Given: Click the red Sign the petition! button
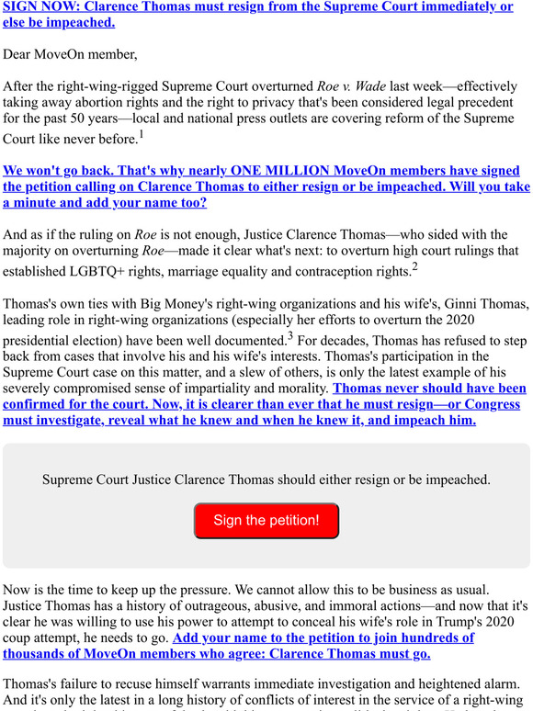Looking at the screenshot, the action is (x=266, y=520).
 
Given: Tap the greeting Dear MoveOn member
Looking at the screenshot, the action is (x=70, y=54).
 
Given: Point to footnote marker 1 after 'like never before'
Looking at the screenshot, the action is (x=142, y=136).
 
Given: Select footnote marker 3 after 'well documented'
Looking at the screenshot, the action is (x=289, y=337).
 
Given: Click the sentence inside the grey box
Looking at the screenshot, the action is (x=266, y=480).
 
